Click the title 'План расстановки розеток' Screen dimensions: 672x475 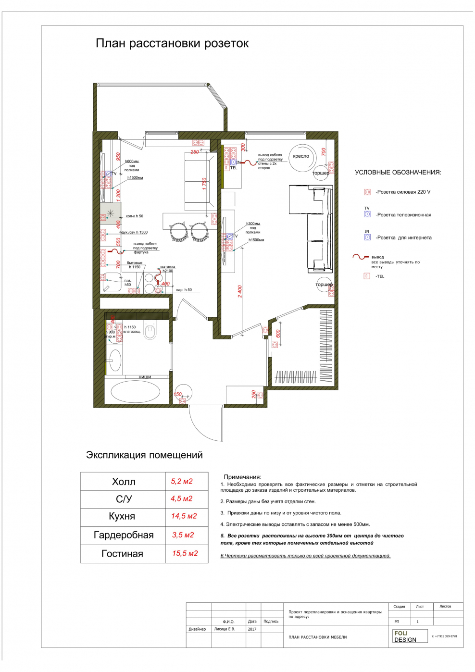pos(172,44)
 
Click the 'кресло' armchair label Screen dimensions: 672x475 pos(301,156)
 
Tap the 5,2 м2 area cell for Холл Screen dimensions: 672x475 pos(182,481)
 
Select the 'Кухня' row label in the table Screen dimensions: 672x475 pos(122,516)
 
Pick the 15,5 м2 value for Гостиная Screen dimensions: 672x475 pos(185,553)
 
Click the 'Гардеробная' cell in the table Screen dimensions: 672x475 pos(124,535)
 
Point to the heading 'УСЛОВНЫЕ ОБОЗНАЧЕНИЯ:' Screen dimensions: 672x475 pos(398,173)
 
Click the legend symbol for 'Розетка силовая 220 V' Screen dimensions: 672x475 pos(367,192)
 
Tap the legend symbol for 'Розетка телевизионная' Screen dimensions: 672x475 pos(367,214)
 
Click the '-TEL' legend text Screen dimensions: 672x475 pos(380,276)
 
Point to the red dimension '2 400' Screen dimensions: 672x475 pos(240,291)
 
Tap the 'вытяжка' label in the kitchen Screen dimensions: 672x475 pos(168,267)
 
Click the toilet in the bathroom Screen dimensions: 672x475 pos(150,331)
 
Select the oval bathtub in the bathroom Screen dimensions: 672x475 pos(135,392)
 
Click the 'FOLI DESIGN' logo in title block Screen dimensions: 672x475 pos(405,636)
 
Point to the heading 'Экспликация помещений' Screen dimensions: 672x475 pos(144,455)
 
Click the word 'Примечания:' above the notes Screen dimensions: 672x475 pos(242,477)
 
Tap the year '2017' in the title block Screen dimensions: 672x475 pos(252,629)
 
